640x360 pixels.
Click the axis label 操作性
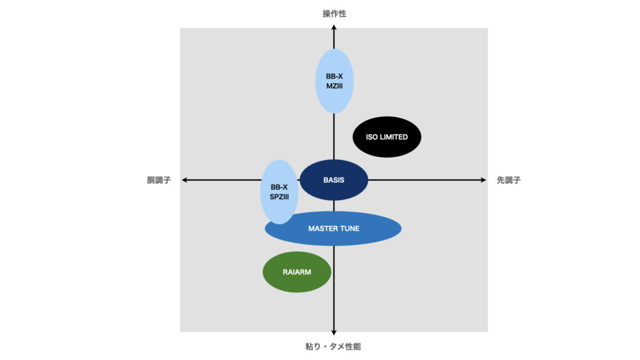[334, 13]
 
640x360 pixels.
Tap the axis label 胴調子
[159, 180]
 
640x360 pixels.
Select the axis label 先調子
[509, 180]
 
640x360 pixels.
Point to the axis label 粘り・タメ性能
[334, 346]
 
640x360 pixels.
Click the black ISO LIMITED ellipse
[387, 137]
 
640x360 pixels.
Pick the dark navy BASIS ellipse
[334, 180]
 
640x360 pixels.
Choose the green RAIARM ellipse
[296, 272]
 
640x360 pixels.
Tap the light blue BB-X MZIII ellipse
[334, 81]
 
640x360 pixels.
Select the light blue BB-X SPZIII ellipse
[279, 192]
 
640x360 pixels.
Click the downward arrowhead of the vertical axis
[334, 331]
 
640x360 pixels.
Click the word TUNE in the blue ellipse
[349, 229]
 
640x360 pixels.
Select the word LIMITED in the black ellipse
[394, 137]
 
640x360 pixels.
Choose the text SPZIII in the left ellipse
[278, 197]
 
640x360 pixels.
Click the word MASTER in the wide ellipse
[322, 229]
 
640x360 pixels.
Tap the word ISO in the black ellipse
[371, 137]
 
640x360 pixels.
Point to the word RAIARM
[296, 272]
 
